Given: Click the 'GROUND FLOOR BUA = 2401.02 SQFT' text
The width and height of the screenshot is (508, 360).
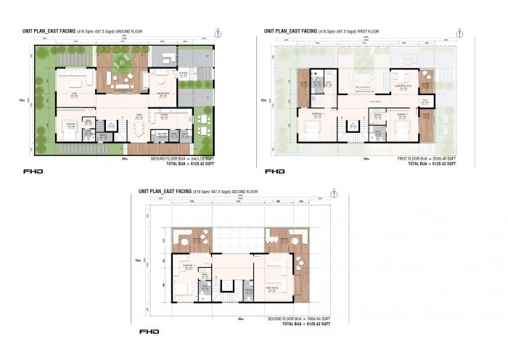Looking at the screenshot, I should click(184, 158).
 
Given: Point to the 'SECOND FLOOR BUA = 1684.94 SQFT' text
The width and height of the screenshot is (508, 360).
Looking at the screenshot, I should click(299, 319).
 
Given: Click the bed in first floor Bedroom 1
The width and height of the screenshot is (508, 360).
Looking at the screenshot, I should click(311, 127).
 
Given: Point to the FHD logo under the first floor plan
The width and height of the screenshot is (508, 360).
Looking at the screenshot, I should click(274, 171).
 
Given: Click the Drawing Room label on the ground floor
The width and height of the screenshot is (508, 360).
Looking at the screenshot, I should click(163, 94).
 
